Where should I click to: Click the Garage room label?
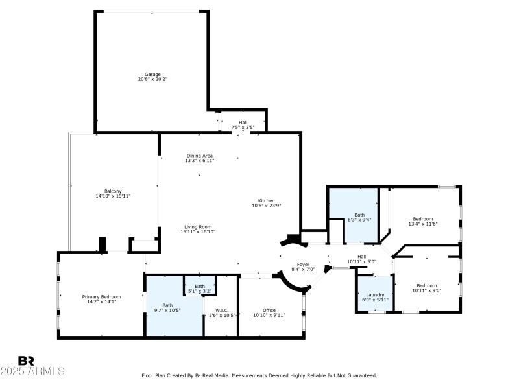[152, 74]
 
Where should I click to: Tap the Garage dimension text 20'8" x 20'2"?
[152, 79]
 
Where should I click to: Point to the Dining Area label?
[199, 156]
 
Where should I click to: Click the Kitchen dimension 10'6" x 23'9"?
[267, 206]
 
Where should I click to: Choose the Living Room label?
[198, 226]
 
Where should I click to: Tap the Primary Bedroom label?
[101, 296]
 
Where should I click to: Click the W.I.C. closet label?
[221, 310]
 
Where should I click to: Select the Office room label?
[269, 310]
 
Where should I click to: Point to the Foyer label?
[303, 264]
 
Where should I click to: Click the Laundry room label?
[375, 294]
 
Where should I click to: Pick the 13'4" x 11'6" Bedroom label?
[422, 219]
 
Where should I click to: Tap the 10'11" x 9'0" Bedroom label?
[426, 285]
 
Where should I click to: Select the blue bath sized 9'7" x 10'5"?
[167, 305]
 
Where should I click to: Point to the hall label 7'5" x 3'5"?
[243, 123]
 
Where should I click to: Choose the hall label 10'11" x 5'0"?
[362, 256]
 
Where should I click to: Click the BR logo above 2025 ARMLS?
[26, 360]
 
